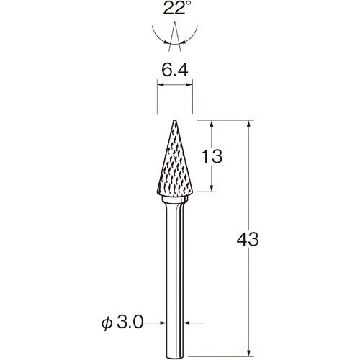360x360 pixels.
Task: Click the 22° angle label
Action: point(178,8)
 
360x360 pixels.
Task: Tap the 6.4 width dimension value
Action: point(175,71)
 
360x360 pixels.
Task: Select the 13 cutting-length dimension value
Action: point(212,156)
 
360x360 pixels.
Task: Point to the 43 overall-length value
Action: point(248,239)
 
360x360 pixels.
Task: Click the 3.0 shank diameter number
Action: point(130,323)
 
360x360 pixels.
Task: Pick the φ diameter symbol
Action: point(107,323)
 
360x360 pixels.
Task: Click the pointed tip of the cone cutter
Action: point(175,121)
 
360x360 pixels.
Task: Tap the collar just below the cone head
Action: point(175,199)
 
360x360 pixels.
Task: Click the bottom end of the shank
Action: point(175,358)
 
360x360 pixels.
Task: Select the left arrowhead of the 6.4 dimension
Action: point(160,84)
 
